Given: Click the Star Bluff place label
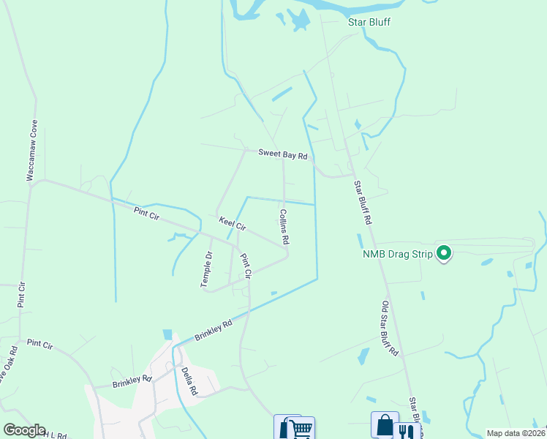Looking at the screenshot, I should (x=369, y=22).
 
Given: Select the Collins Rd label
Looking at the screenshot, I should (x=284, y=227).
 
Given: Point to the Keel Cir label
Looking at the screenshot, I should (x=233, y=223).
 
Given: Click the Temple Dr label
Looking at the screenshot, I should (x=208, y=269).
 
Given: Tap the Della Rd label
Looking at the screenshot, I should (x=189, y=380).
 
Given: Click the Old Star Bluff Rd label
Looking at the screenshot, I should (x=389, y=329).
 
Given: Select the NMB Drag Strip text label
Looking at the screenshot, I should (x=397, y=255).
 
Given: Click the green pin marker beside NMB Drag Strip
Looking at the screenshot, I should (x=443, y=253).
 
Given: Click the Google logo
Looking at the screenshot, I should (x=24, y=430).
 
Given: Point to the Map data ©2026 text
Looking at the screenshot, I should (x=516, y=433).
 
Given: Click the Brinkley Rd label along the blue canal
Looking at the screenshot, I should (x=214, y=330).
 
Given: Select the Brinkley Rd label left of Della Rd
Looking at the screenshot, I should (x=132, y=381).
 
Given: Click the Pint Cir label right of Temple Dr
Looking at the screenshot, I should (x=246, y=266).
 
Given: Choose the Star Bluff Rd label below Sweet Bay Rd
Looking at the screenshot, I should (x=363, y=202).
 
